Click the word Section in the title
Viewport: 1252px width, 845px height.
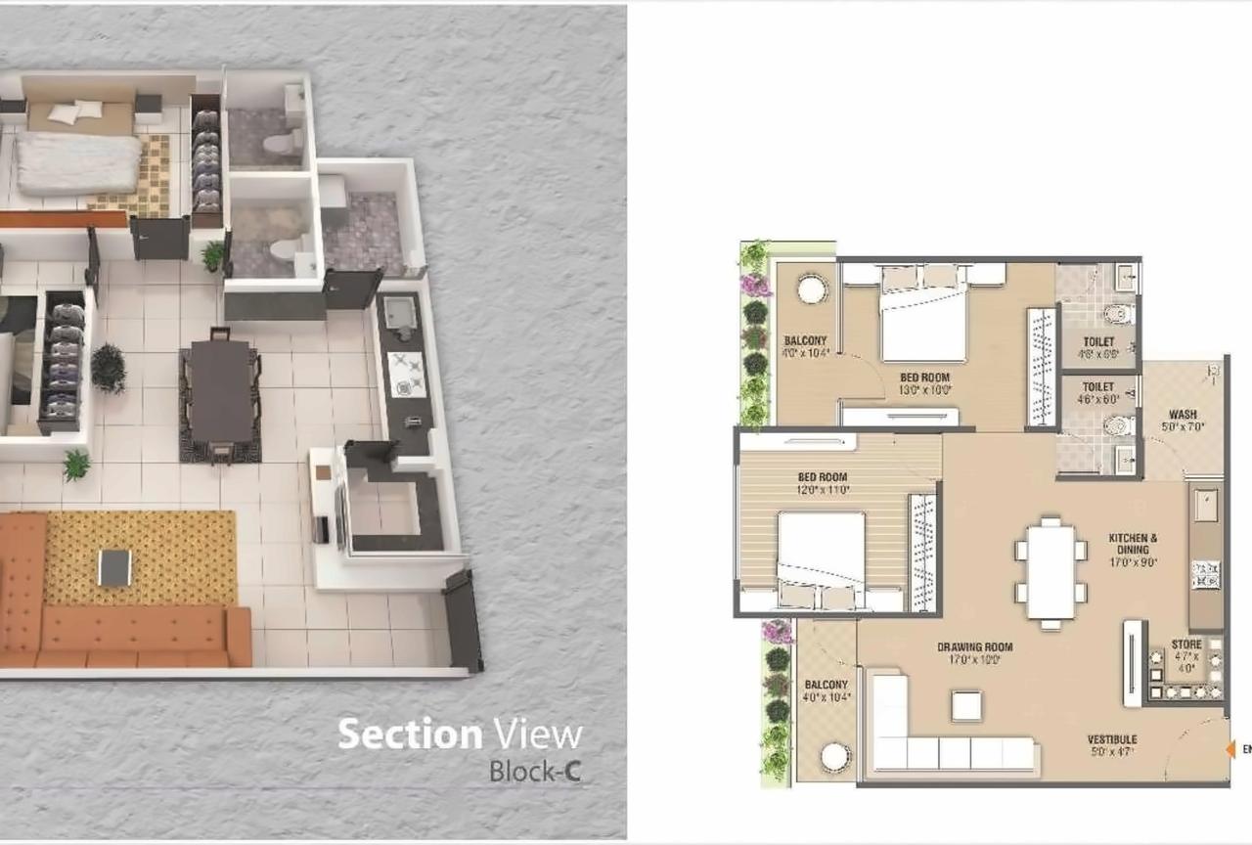pyautogui.click(x=409, y=734)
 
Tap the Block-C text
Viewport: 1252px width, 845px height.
pyautogui.click(x=535, y=771)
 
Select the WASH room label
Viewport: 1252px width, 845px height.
pyautogui.click(x=1183, y=415)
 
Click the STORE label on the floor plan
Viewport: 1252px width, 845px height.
pyautogui.click(x=1186, y=645)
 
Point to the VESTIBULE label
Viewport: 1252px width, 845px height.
pyautogui.click(x=1112, y=739)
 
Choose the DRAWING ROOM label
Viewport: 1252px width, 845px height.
pyautogui.click(x=974, y=647)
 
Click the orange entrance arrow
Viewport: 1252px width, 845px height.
pyautogui.click(x=1230, y=749)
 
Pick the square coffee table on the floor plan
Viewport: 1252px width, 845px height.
pyautogui.click(x=967, y=705)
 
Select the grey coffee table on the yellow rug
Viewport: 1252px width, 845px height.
pyautogui.click(x=114, y=567)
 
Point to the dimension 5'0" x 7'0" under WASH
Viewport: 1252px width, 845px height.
pyautogui.click(x=1183, y=426)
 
